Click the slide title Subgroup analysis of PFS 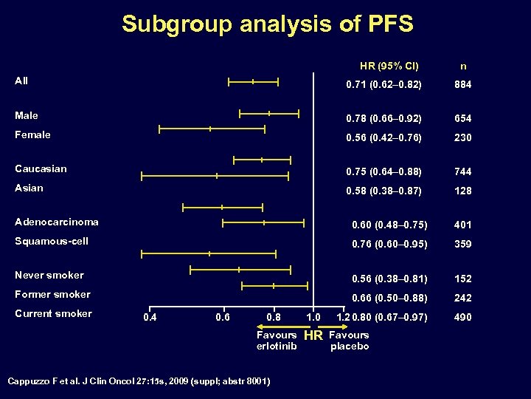click(x=267, y=24)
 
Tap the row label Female click(x=33, y=134)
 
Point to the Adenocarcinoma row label click(x=57, y=222)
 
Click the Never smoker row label click(x=49, y=275)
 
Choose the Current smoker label click(x=53, y=313)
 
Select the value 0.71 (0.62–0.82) click(x=383, y=85)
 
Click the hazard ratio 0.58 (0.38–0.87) click(x=383, y=191)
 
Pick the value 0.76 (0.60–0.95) click(x=389, y=244)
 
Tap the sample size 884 click(x=462, y=85)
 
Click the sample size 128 click(x=462, y=191)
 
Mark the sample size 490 click(x=462, y=318)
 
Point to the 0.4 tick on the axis click(x=150, y=318)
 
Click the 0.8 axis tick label click(x=273, y=318)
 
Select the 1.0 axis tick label click(x=313, y=318)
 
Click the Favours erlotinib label click(x=277, y=341)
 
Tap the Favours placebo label click(x=350, y=341)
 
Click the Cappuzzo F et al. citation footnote click(x=139, y=381)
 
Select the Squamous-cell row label click(x=52, y=241)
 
